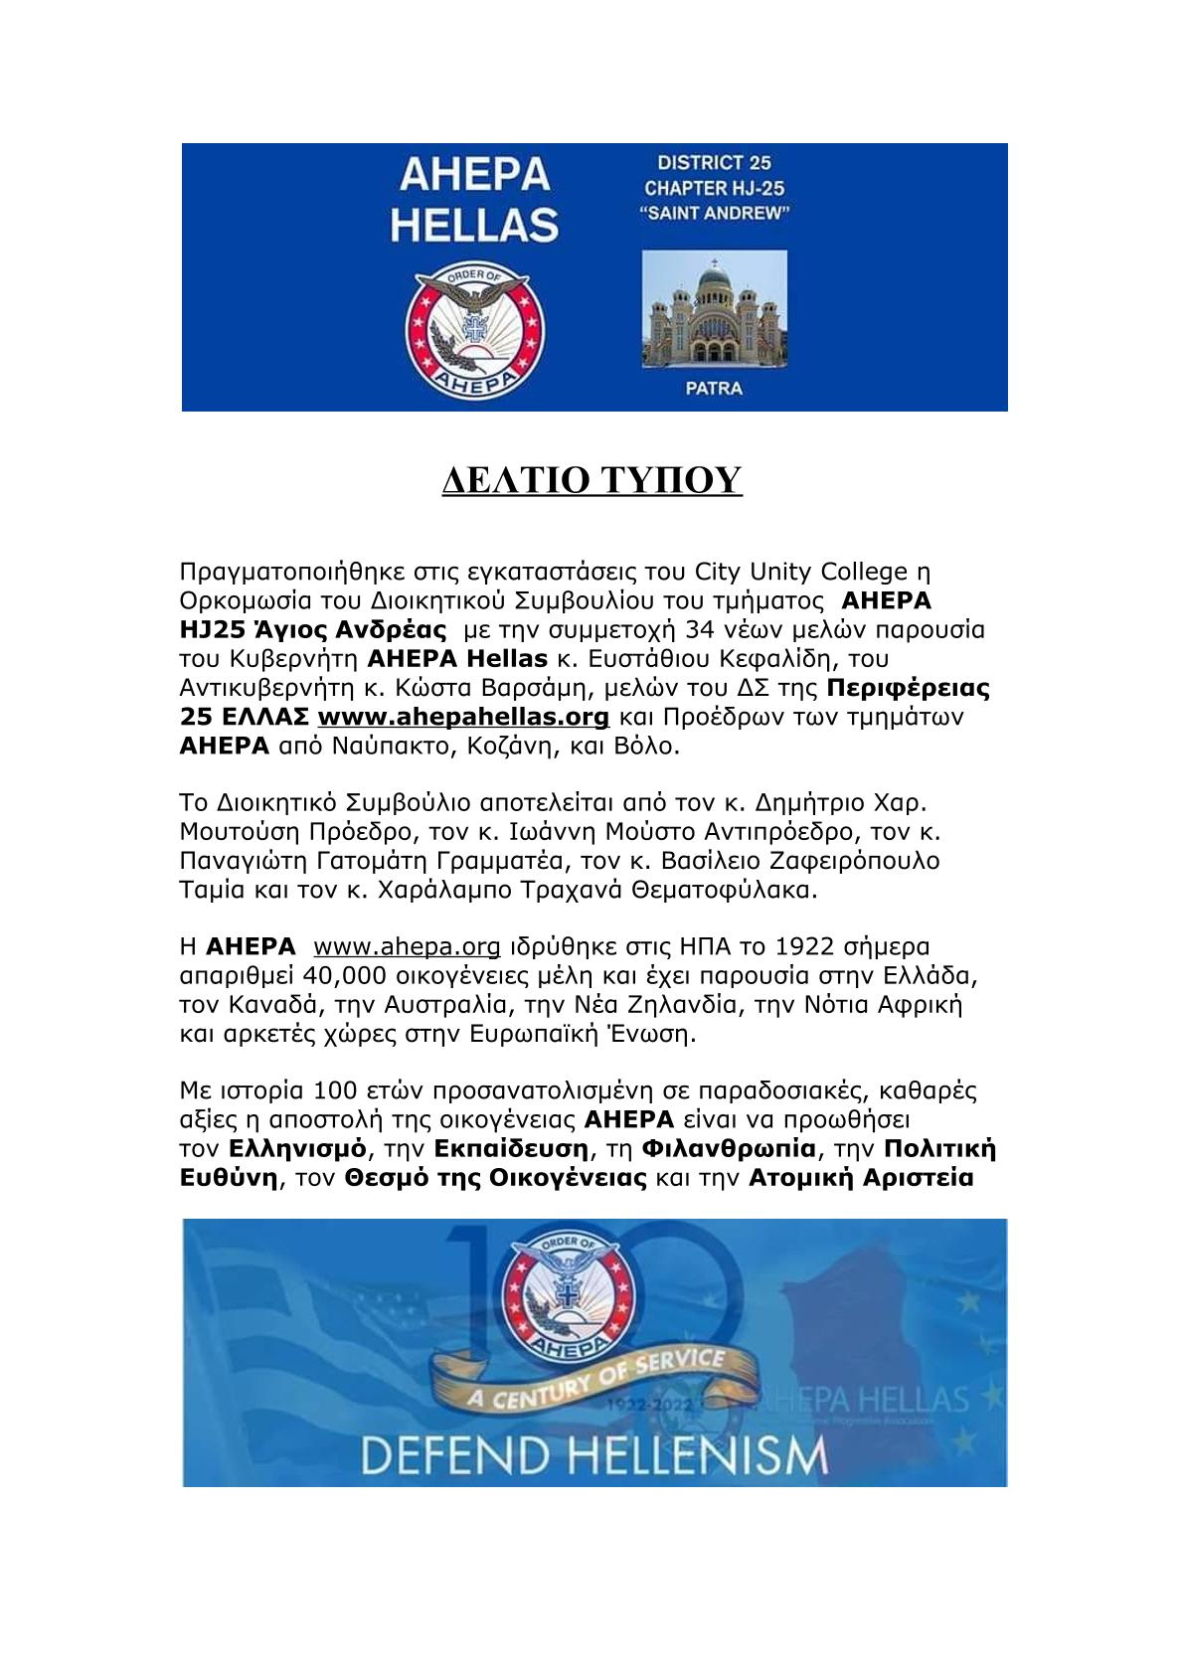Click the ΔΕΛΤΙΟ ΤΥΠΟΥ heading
tap(591, 480)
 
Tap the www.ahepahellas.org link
tap(462, 717)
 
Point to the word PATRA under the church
tap(714, 389)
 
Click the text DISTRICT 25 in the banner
tap(714, 163)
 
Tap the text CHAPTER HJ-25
tap(714, 188)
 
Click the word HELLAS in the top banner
tap(474, 225)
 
